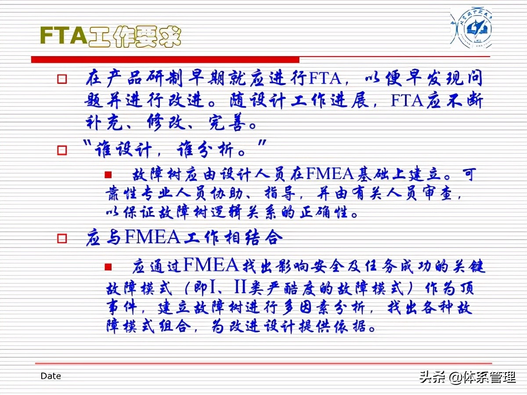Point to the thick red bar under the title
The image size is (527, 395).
coord(165,59)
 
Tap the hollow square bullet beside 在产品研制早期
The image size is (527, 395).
coord(62,79)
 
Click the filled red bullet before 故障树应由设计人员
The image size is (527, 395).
coord(108,175)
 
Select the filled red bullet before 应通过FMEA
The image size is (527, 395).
coord(108,266)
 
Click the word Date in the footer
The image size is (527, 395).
coord(51,376)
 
